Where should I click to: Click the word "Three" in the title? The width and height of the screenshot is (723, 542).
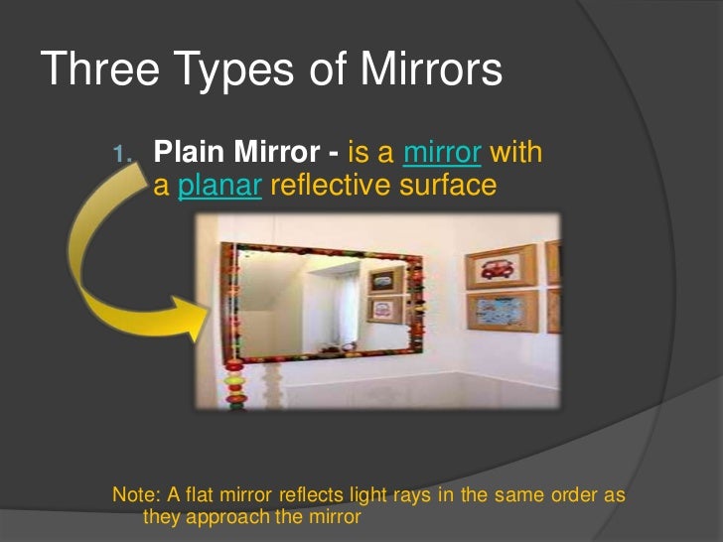click(x=102, y=70)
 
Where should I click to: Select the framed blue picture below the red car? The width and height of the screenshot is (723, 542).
click(x=503, y=311)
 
